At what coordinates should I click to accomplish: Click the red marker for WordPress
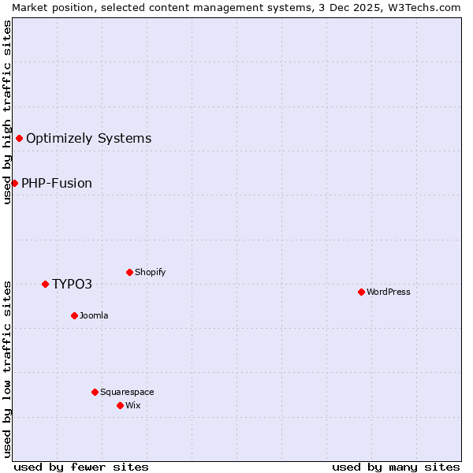tap(361, 292)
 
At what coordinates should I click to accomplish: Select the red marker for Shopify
tap(129, 272)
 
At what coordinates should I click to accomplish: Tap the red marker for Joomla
tap(74, 315)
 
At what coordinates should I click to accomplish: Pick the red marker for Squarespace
tap(95, 392)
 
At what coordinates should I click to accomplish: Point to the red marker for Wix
tap(120, 405)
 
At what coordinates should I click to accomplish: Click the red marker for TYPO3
tap(45, 284)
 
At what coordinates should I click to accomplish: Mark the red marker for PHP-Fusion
tap(14, 183)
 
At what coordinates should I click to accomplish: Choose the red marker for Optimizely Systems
tap(19, 139)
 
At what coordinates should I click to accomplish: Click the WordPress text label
tap(389, 292)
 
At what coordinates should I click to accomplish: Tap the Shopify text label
tap(150, 272)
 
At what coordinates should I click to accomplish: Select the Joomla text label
tap(94, 315)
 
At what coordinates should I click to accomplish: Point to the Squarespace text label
tap(127, 392)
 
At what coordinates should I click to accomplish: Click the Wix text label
tap(132, 405)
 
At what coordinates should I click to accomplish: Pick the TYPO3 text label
tap(73, 284)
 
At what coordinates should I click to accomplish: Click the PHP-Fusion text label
tap(57, 183)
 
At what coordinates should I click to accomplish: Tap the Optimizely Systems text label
tap(88, 139)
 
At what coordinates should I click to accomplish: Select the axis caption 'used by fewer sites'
tap(81, 467)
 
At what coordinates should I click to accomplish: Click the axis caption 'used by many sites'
tap(396, 467)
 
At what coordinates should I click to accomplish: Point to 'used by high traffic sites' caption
tap(7, 111)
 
